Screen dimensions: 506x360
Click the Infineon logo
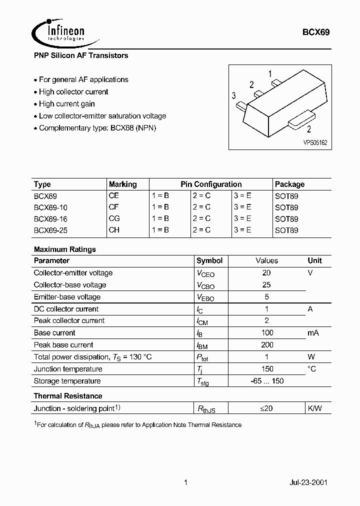(x=58, y=31)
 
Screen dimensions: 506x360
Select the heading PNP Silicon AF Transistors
(x=81, y=55)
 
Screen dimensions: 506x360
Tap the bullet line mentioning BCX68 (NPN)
(x=97, y=128)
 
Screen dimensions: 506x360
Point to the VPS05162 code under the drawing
(x=315, y=142)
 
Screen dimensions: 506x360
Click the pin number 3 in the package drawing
(x=234, y=96)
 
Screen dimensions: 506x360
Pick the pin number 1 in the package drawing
(x=270, y=74)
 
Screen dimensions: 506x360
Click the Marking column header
(x=122, y=184)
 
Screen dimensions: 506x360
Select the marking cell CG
(x=114, y=218)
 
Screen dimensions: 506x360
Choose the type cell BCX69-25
(x=50, y=230)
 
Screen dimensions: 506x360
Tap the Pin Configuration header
(x=211, y=184)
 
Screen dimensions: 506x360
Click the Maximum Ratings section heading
(x=65, y=249)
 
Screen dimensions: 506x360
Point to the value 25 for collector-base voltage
(x=266, y=285)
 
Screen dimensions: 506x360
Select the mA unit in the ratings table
(x=313, y=333)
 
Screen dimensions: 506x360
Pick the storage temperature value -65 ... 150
(x=267, y=381)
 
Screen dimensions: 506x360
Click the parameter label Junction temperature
(x=68, y=369)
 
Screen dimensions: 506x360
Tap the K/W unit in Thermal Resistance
(x=314, y=408)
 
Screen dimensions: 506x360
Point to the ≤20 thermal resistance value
(x=266, y=408)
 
